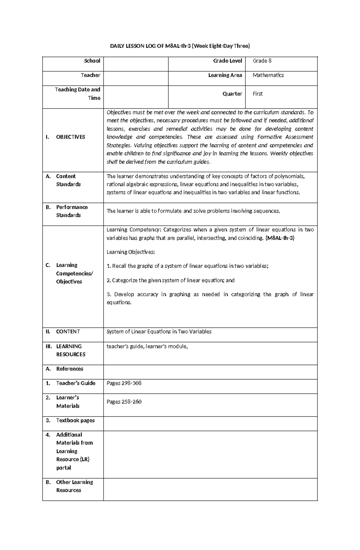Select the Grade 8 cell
tap(262, 61)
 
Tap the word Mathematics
tap(268, 75)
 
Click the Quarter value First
tap(257, 94)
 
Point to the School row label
tap(92, 61)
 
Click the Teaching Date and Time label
tap(77, 94)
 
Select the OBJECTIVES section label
tap(70, 137)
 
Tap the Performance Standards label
tap(72, 211)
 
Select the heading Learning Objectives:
tap(131, 252)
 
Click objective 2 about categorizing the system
tap(170, 280)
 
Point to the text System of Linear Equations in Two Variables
tap(159, 331)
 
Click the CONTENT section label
tap(68, 331)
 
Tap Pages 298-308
tap(124, 383)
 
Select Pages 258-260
tap(124, 402)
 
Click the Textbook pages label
tap(75, 420)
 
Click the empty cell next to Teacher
tap(136, 75)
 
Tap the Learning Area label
tap(225, 75)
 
